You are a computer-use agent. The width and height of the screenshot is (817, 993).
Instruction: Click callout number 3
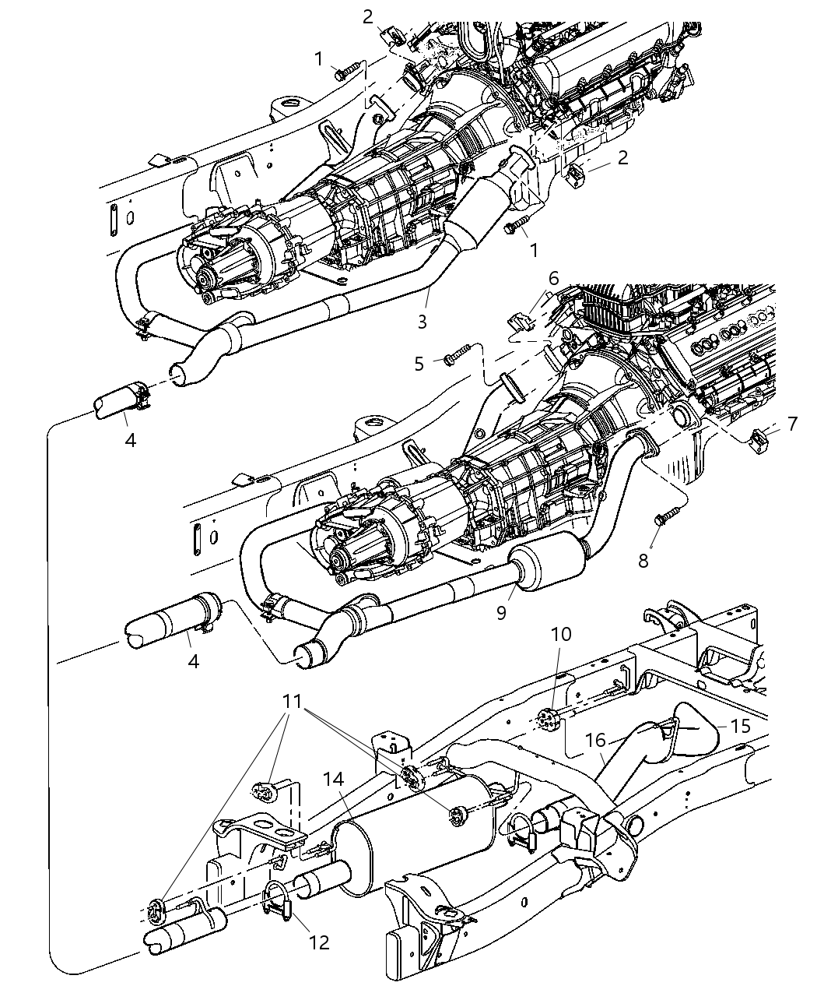point(443,321)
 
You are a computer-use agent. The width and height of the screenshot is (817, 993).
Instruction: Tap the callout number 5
point(419,364)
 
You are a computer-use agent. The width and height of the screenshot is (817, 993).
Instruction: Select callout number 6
point(553,279)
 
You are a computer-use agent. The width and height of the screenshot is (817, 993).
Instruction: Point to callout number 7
point(792,424)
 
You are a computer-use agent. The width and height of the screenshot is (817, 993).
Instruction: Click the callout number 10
point(561,633)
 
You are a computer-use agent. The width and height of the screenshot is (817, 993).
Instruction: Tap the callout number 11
point(292,701)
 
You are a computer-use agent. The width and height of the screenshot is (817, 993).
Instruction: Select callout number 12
point(319,942)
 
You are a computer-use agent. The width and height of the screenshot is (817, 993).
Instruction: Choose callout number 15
point(742,726)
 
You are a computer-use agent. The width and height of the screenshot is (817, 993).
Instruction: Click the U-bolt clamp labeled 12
point(276,903)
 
